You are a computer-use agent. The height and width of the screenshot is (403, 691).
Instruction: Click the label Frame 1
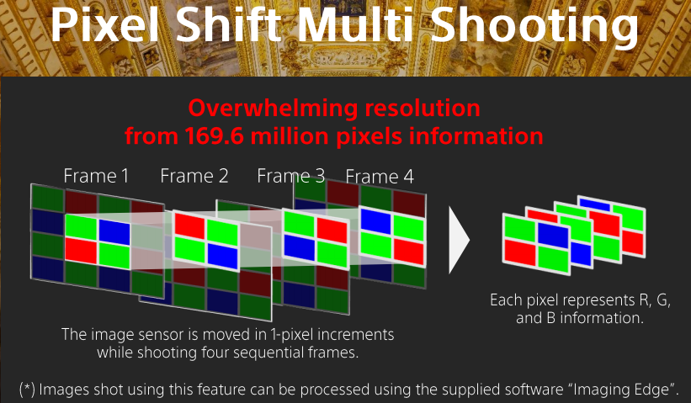click(96, 176)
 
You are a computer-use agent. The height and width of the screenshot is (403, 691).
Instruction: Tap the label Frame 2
click(194, 176)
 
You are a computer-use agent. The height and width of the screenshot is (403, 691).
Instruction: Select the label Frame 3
click(291, 176)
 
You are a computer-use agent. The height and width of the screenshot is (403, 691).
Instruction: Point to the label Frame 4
click(380, 177)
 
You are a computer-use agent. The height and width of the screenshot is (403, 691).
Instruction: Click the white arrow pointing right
click(459, 240)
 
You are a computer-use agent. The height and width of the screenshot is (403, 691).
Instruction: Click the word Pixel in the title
click(105, 24)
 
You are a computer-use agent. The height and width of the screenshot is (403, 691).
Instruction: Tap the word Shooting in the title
click(534, 25)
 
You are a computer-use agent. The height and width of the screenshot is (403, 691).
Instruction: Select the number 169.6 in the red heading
click(215, 135)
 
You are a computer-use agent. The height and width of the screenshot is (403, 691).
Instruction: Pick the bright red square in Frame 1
click(81, 250)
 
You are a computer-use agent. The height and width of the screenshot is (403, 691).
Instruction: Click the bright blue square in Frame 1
click(114, 232)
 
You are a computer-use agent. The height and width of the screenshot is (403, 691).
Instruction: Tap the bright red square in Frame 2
click(190, 226)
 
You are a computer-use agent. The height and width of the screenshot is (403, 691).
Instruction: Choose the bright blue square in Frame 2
click(222, 256)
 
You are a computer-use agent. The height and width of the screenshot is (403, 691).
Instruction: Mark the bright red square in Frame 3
click(332, 231)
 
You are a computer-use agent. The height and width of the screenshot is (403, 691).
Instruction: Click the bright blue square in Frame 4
click(376, 221)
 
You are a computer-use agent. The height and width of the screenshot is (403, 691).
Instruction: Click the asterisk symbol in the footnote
click(27, 387)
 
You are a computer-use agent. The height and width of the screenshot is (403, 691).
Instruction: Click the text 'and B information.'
click(580, 318)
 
